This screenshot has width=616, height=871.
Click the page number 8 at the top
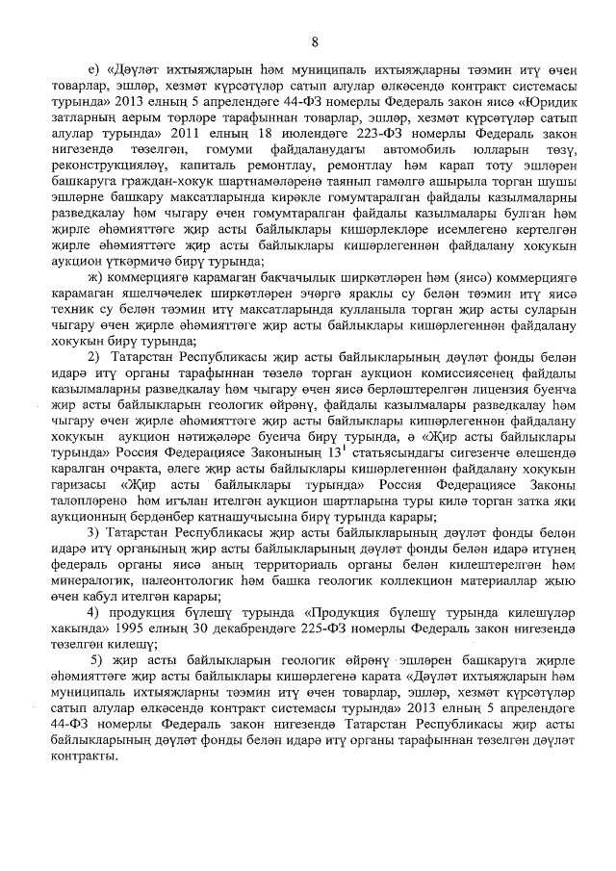pyautogui.click(x=314, y=41)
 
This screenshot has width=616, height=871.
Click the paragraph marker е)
pyautogui.click(x=93, y=69)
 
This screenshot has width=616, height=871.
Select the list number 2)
pyautogui.click(x=94, y=359)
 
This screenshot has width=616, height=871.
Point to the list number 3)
pyautogui.click(x=94, y=532)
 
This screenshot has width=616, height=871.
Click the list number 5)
pyautogui.click(x=96, y=663)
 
